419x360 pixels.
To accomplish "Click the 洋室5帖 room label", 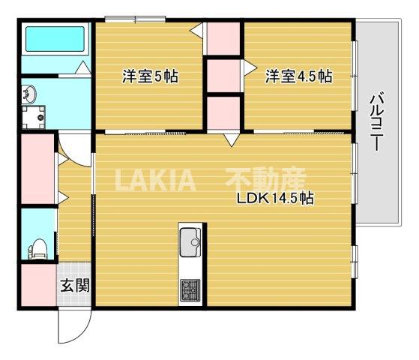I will [x=150, y=76].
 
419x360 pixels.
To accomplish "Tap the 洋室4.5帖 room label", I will [x=298, y=76].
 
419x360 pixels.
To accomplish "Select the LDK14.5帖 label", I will [x=274, y=199].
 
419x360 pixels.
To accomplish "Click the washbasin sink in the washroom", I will [x=29, y=96].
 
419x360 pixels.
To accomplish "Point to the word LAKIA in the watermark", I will [x=154, y=181].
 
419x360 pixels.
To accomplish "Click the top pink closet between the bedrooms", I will [x=223, y=39].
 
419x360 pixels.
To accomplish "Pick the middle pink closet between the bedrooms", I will [x=223, y=75].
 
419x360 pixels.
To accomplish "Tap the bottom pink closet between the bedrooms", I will [x=223, y=112].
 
